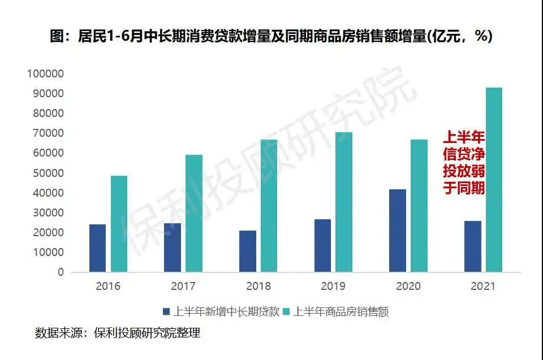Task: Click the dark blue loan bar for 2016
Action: tap(97, 248)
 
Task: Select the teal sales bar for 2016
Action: tap(119, 224)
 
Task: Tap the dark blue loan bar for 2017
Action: tap(172, 248)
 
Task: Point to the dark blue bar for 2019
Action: tap(322, 245)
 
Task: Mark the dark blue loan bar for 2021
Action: tap(472, 246)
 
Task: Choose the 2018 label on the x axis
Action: tap(258, 287)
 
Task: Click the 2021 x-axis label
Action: tap(482, 287)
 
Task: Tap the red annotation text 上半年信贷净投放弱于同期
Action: tap(463, 163)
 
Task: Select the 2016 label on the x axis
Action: tap(108, 287)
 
